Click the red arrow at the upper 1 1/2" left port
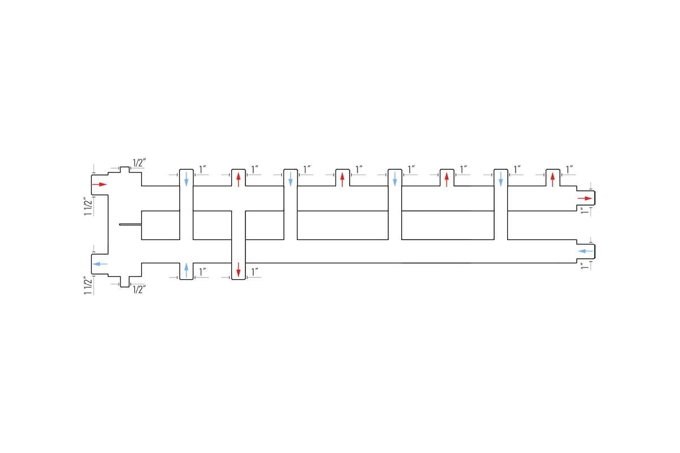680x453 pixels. pos(100,185)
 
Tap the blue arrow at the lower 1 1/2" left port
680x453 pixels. pos(100,264)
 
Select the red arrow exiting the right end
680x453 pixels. pos(585,198)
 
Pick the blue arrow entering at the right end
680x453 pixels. pos(585,251)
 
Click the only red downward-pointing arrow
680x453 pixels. pos(239,270)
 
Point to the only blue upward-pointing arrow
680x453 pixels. pos(186,270)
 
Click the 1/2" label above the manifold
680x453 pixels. pos(139,163)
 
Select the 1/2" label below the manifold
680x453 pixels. pos(139,289)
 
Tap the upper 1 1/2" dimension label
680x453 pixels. pos(88,207)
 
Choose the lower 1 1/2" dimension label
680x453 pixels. pos(88,285)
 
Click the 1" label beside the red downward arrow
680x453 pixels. pos(254,272)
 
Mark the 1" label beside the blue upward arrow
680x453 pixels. pos(202,272)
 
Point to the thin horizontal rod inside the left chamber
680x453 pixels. pos(130,225)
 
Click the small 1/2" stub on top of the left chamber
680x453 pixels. pos(125,170)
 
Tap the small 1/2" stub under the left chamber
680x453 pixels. pos(125,281)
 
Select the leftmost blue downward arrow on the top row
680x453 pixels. pos(186,179)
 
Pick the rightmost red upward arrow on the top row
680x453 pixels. pos(552,180)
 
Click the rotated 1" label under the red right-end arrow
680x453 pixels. pos(585,211)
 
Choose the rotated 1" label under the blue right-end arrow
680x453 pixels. pos(585,266)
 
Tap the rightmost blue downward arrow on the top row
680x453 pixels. pos(500,179)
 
